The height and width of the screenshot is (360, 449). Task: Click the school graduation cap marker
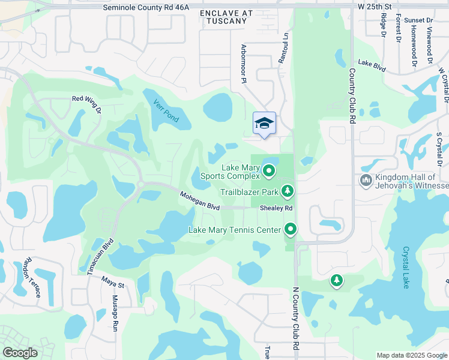click(x=264, y=124)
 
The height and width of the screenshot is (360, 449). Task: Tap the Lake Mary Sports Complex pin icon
click(x=270, y=172)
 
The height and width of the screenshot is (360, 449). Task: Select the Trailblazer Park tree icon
click(x=289, y=191)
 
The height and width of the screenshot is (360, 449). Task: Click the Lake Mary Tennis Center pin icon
click(x=291, y=229)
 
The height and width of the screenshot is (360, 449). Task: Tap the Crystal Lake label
click(x=406, y=268)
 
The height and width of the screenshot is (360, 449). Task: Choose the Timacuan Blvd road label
click(x=100, y=257)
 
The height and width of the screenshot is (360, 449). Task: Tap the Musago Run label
click(x=114, y=313)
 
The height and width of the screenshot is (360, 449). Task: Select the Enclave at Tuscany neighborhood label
click(x=223, y=17)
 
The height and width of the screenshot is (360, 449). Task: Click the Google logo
click(x=20, y=353)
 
